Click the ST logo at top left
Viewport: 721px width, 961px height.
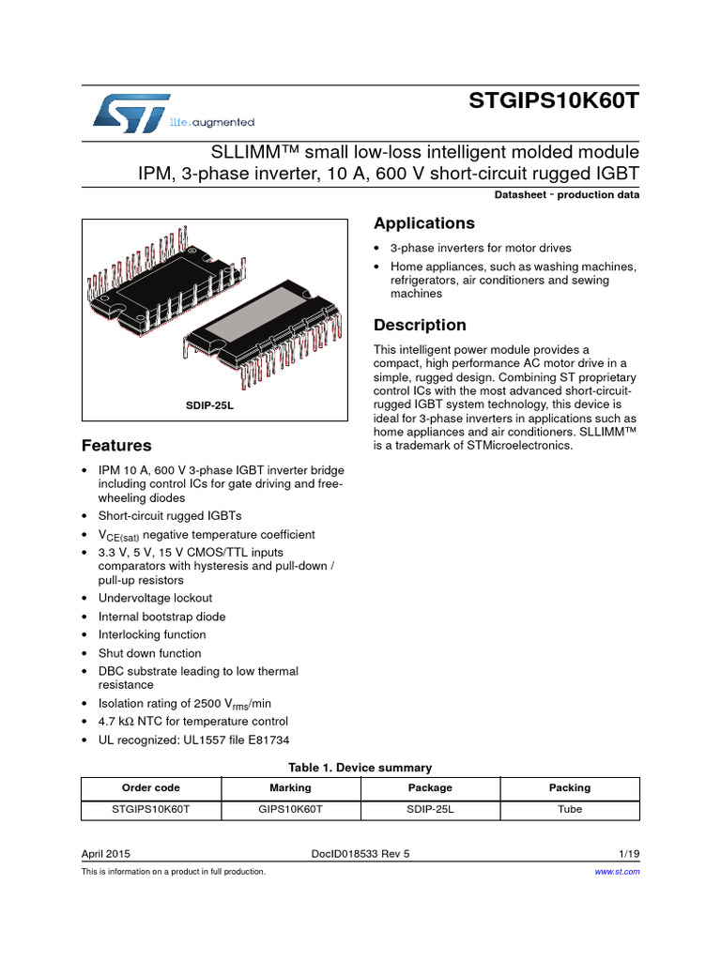point(131,112)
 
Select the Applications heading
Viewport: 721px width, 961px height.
point(423,223)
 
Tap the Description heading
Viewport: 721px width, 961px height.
point(420,326)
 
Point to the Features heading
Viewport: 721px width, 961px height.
point(115,445)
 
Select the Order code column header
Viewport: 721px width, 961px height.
point(150,787)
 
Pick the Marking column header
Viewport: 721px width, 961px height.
point(290,787)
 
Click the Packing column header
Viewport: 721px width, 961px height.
point(569,787)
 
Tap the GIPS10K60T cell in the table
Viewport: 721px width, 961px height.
point(290,809)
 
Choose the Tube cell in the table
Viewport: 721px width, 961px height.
point(569,809)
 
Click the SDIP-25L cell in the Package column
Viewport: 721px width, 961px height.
point(430,809)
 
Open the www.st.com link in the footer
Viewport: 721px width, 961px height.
point(618,872)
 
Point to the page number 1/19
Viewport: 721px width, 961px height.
point(629,853)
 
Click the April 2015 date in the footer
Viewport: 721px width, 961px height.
point(106,853)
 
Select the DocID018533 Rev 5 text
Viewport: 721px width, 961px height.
point(360,853)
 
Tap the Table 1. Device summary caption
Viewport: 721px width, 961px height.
point(360,768)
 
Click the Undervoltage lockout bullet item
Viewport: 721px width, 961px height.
point(155,598)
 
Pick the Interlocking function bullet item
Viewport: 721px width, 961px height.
point(152,634)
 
